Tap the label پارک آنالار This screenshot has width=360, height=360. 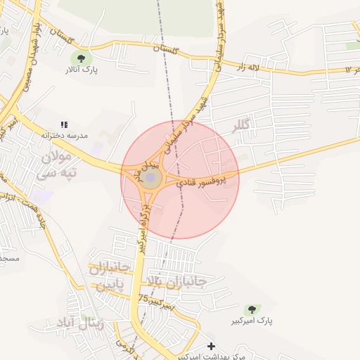pos(82,70)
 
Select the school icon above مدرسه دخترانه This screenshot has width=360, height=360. pos(64,124)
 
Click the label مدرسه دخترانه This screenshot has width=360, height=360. pos(64,135)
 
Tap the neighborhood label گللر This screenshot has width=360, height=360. pos(246,127)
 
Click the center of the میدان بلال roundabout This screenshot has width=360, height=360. pos(150,176)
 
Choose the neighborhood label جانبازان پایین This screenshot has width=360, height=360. pos(108,277)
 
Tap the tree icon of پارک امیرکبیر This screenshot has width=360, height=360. pos(250,309)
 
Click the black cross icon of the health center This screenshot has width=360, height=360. pos(212,346)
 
